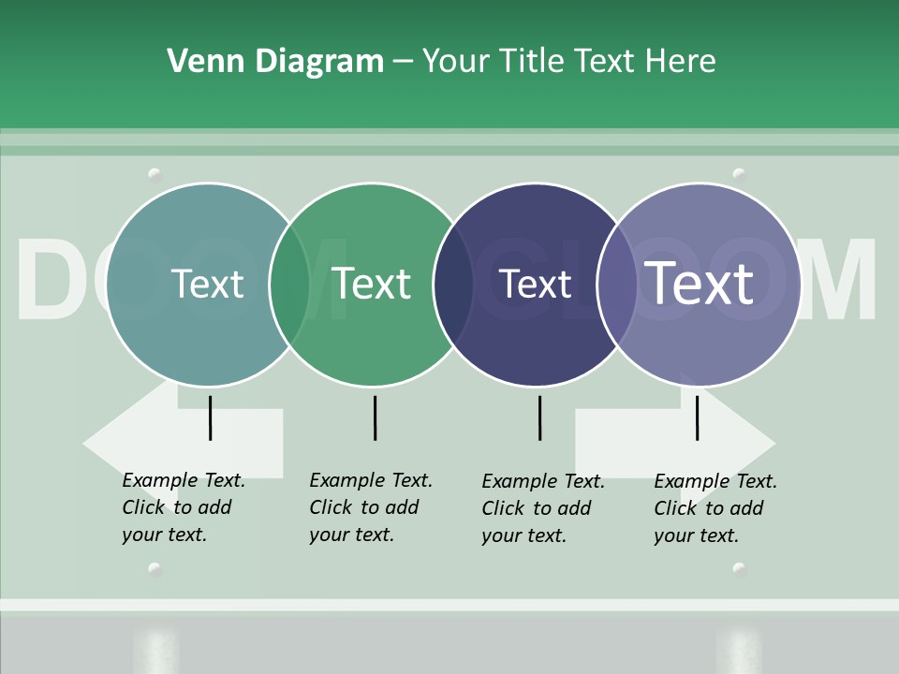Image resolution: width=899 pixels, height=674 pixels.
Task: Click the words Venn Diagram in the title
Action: point(275,62)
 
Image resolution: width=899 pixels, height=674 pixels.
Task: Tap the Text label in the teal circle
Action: point(208,284)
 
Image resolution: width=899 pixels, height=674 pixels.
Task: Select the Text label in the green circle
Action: point(372,284)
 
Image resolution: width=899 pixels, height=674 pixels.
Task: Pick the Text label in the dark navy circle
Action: point(535,284)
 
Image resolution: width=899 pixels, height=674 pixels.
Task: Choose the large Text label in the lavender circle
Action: point(699,283)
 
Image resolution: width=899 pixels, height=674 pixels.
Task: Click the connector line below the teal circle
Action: point(210,418)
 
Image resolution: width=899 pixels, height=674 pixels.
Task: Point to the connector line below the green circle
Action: point(375,418)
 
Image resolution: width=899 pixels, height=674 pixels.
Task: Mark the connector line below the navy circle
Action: point(539,418)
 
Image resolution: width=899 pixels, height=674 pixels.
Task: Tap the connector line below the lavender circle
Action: point(697,418)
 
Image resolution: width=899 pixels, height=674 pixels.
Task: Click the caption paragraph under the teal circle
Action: point(183,507)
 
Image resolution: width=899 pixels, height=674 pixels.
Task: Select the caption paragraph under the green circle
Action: point(370,507)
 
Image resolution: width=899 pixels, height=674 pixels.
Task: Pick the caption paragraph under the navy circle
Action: point(542,508)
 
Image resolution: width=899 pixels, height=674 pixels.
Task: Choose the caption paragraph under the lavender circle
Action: point(715,508)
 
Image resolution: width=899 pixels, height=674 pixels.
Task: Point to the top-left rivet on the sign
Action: point(155,174)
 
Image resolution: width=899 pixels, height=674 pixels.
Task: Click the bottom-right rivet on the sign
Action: point(739,568)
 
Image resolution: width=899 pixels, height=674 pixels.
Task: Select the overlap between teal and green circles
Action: point(289,285)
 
